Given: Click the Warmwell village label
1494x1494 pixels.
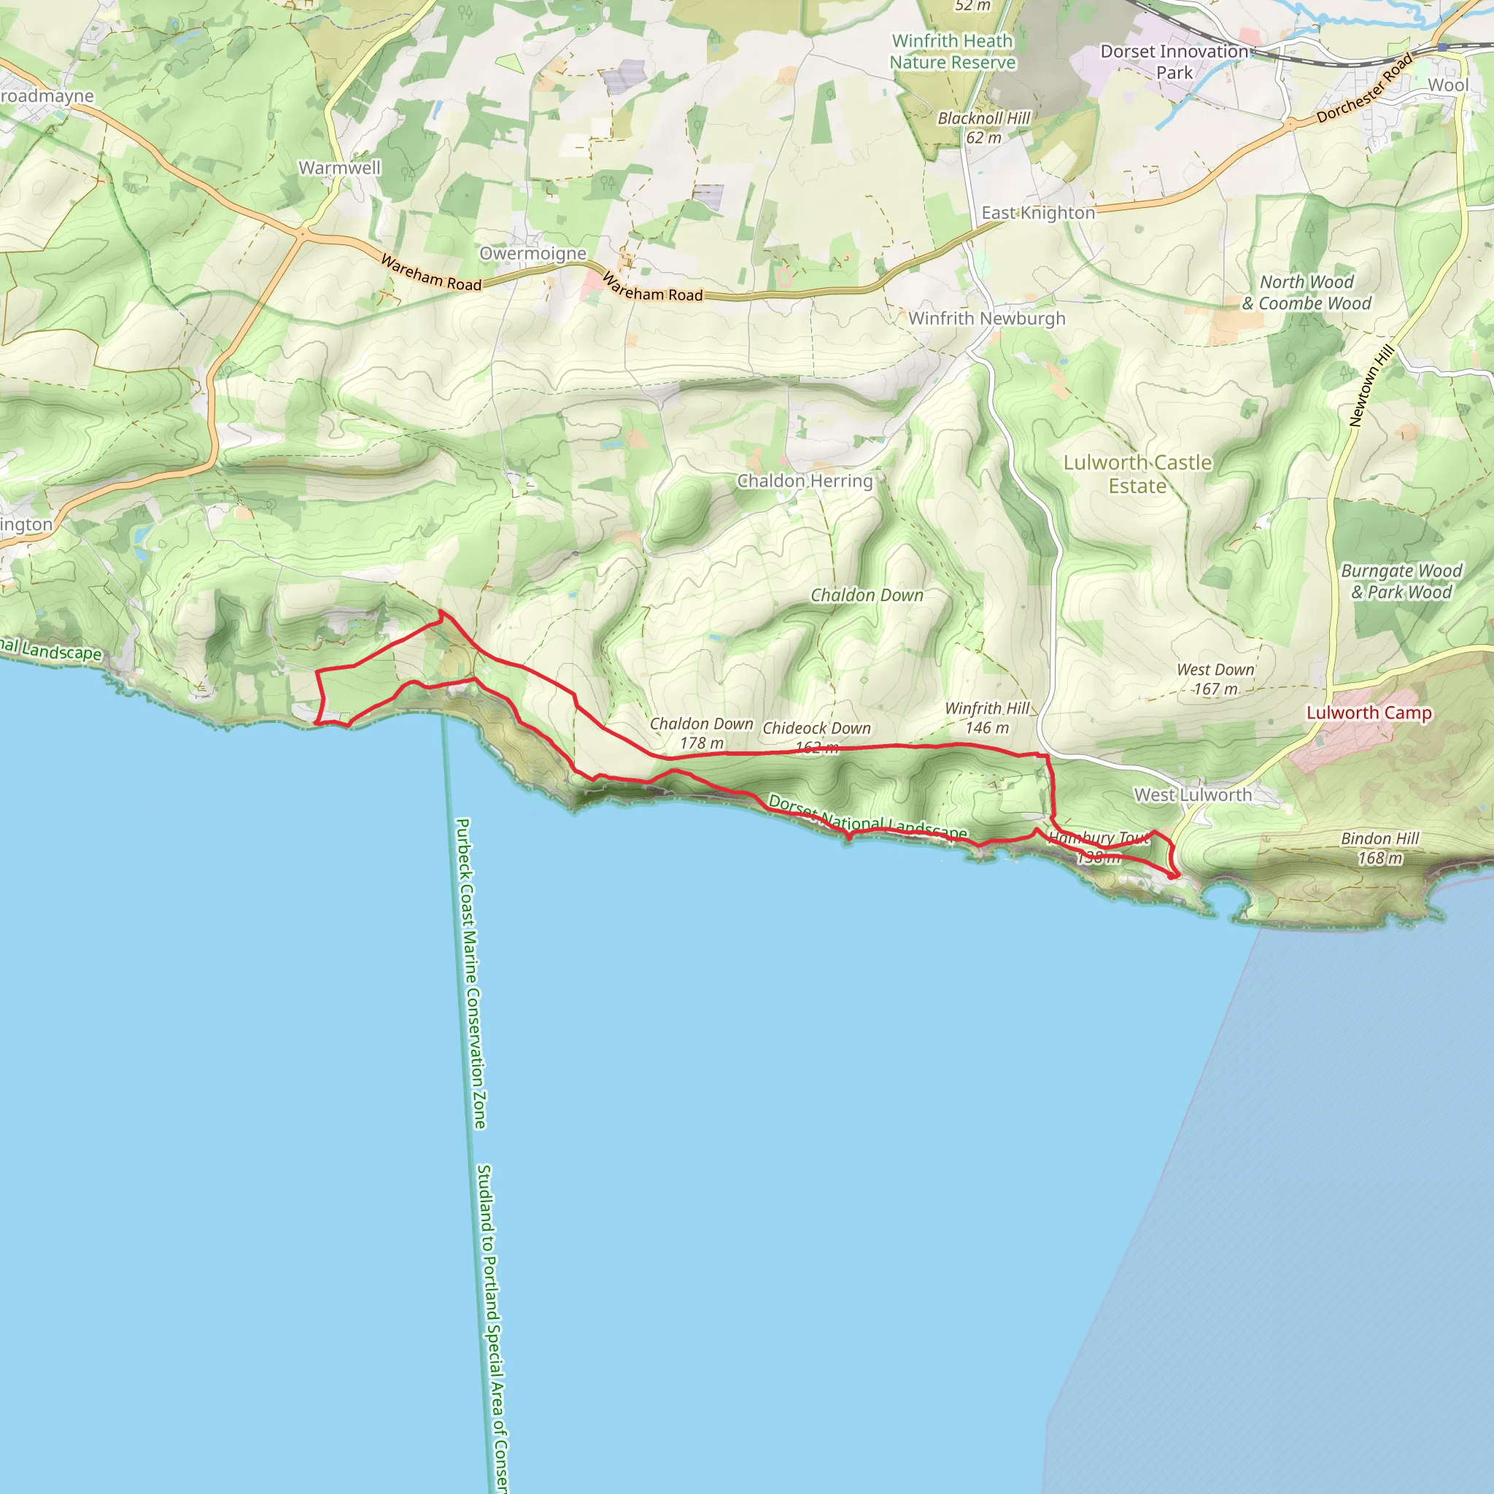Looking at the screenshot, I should pyautogui.click(x=339, y=168).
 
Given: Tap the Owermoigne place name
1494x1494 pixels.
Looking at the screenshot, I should pyautogui.click(x=533, y=254).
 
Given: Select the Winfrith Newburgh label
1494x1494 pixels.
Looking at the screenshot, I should pyautogui.click(x=987, y=319).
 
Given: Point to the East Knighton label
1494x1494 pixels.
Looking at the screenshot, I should pyautogui.click(x=1038, y=213).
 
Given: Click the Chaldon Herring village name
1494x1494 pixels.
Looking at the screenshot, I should pyautogui.click(x=805, y=481).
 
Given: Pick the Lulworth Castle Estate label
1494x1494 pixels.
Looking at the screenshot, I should pyautogui.click(x=1137, y=474).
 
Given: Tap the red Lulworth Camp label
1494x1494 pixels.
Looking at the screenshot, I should pyautogui.click(x=1369, y=713).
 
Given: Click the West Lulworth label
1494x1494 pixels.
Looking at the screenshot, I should pyautogui.click(x=1193, y=795).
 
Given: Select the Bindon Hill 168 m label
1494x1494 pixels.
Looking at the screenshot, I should pyautogui.click(x=1379, y=848).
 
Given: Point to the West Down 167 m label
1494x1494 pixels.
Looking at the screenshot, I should pyautogui.click(x=1215, y=679).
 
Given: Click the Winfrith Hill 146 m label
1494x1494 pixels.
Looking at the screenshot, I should pyautogui.click(x=988, y=718).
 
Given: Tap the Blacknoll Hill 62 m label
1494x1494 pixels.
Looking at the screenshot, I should pyautogui.click(x=983, y=128).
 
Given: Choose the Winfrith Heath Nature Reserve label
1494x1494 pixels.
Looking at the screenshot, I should pyautogui.click(x=952, y=52).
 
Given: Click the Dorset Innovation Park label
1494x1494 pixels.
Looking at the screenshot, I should pyautogui.click(x=1174, y=62).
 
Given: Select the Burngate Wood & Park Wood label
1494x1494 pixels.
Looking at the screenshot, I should pyautogui.click(x=1401, y=581).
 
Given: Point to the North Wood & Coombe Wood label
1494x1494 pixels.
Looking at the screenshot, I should pyautogui.click(x=1307, y=293).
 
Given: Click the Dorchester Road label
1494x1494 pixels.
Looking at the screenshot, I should pyautogui.click(x=1364, y=88).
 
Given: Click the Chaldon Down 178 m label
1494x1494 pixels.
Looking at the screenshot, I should pyautogui.click(x=701, y=733).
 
